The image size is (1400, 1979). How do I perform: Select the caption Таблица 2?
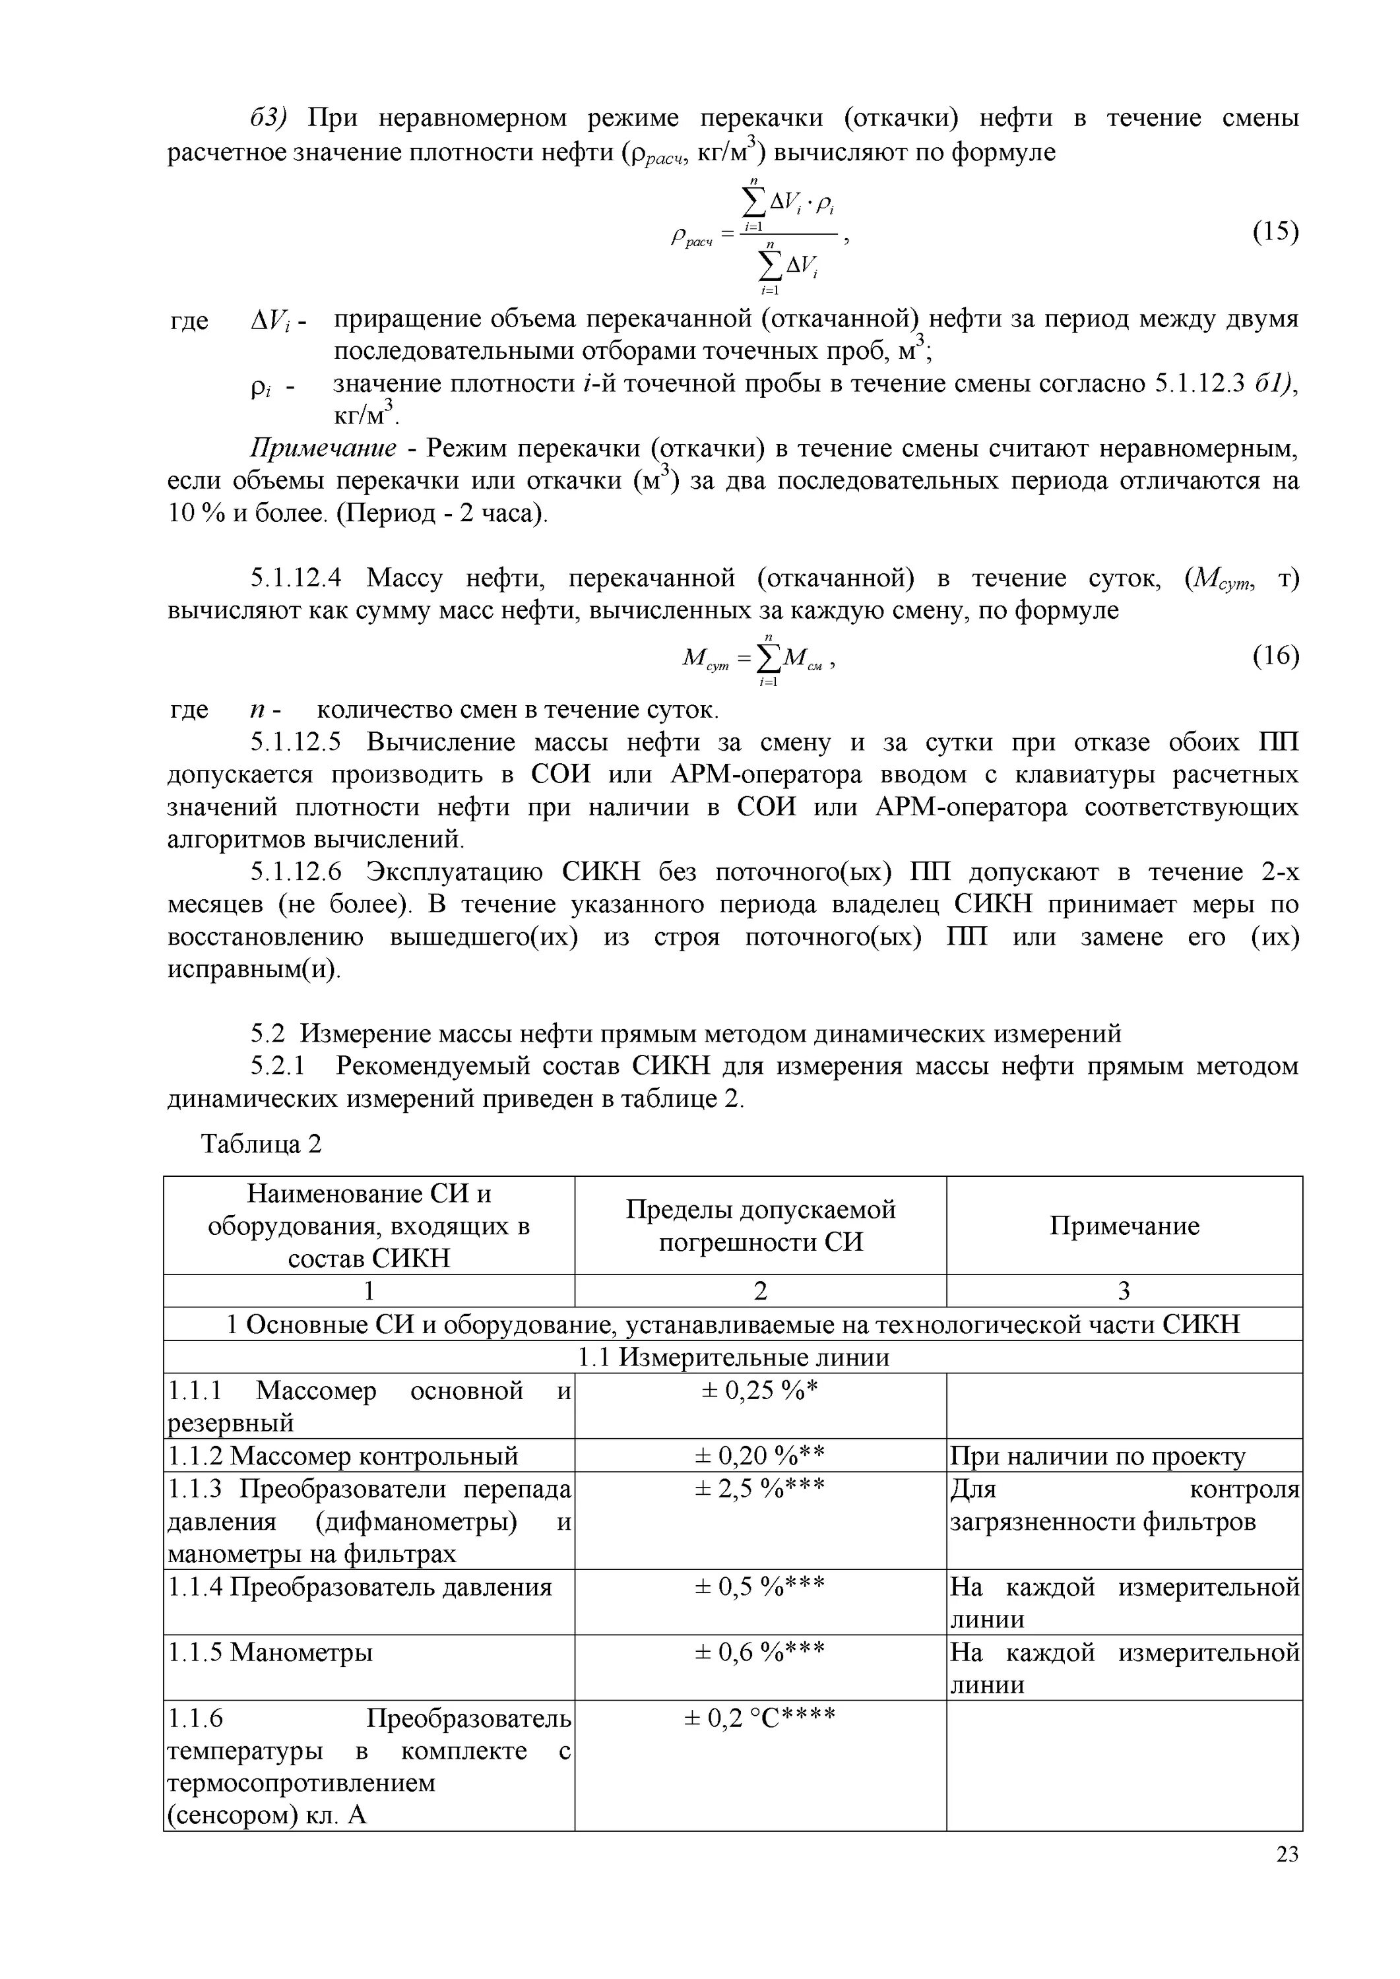[x=261, y=1144]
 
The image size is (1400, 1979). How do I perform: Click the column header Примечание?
[x=1124, y=1226]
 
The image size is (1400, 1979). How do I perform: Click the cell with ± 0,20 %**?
[x=759, y=1455]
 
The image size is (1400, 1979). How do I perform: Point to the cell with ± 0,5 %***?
[x=759, y=1586]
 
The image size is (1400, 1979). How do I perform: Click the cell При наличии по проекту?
[x=1097, y=1456]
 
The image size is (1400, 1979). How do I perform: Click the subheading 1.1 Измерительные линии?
[x=733, y=1358]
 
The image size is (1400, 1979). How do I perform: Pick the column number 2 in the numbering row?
[x=759, y=1291]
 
